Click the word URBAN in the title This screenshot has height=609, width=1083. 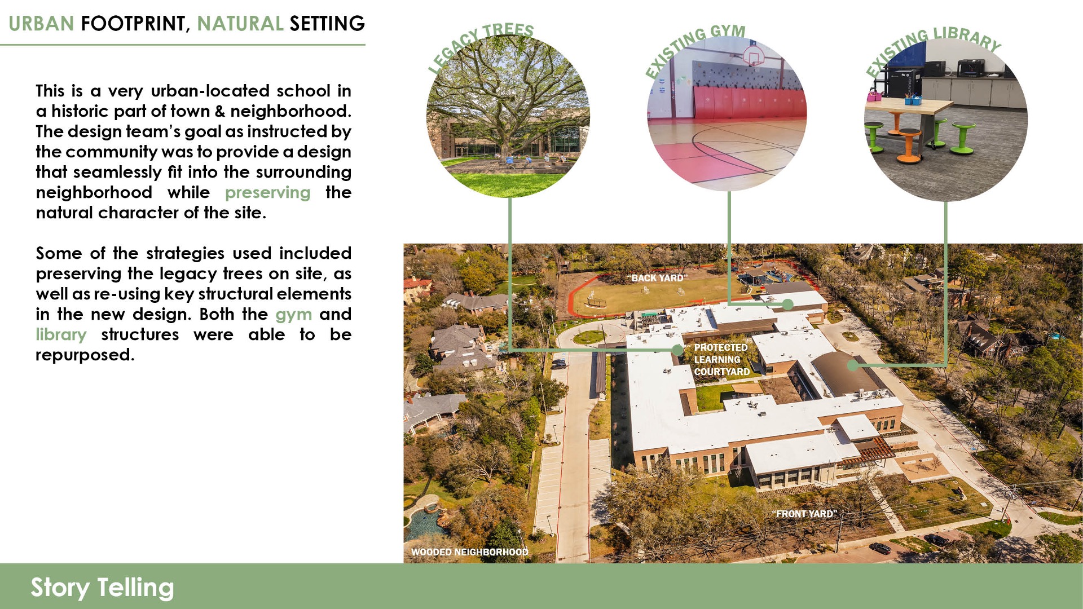(41, 24)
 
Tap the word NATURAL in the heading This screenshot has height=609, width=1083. (240, 24)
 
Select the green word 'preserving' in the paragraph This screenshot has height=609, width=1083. (267, 193)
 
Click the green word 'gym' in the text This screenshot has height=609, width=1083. (293, 315)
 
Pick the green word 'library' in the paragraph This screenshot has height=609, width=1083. (61, 334)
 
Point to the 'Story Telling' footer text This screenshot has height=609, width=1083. (102, 588)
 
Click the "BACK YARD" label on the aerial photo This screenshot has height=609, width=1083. (657, 278)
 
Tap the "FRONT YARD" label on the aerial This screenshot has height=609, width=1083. (804, 514)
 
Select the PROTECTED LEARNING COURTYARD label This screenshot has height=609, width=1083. (722, 360)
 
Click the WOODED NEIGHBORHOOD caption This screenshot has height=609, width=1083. (470, 552)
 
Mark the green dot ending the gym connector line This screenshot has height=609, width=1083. (788, 304)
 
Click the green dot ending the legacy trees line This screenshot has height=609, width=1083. (677, 350)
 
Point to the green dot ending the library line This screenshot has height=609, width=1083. (853, 365)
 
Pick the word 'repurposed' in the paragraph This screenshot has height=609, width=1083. (85, 355)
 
